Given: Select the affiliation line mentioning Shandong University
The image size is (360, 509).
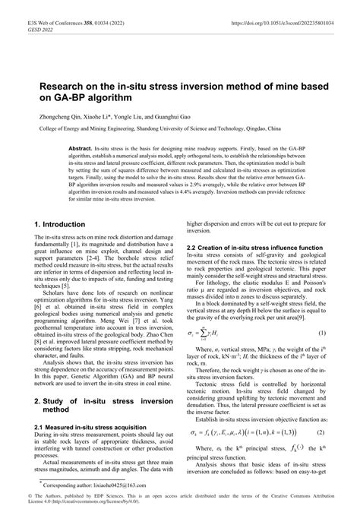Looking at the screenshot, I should point(180,131).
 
